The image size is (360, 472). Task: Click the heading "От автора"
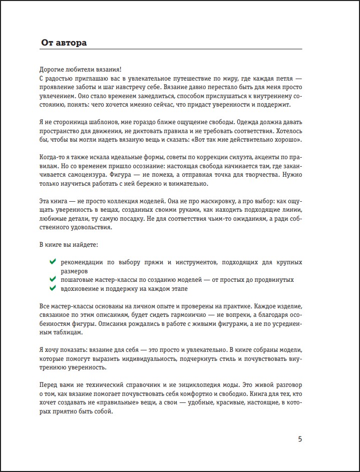(64, 43)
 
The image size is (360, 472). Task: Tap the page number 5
(300, 439)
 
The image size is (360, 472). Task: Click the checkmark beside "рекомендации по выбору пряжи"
(53, 261)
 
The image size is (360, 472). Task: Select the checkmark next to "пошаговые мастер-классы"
(53, 279)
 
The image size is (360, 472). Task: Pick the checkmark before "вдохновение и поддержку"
(53, 288)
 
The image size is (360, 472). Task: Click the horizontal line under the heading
(170, 49)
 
